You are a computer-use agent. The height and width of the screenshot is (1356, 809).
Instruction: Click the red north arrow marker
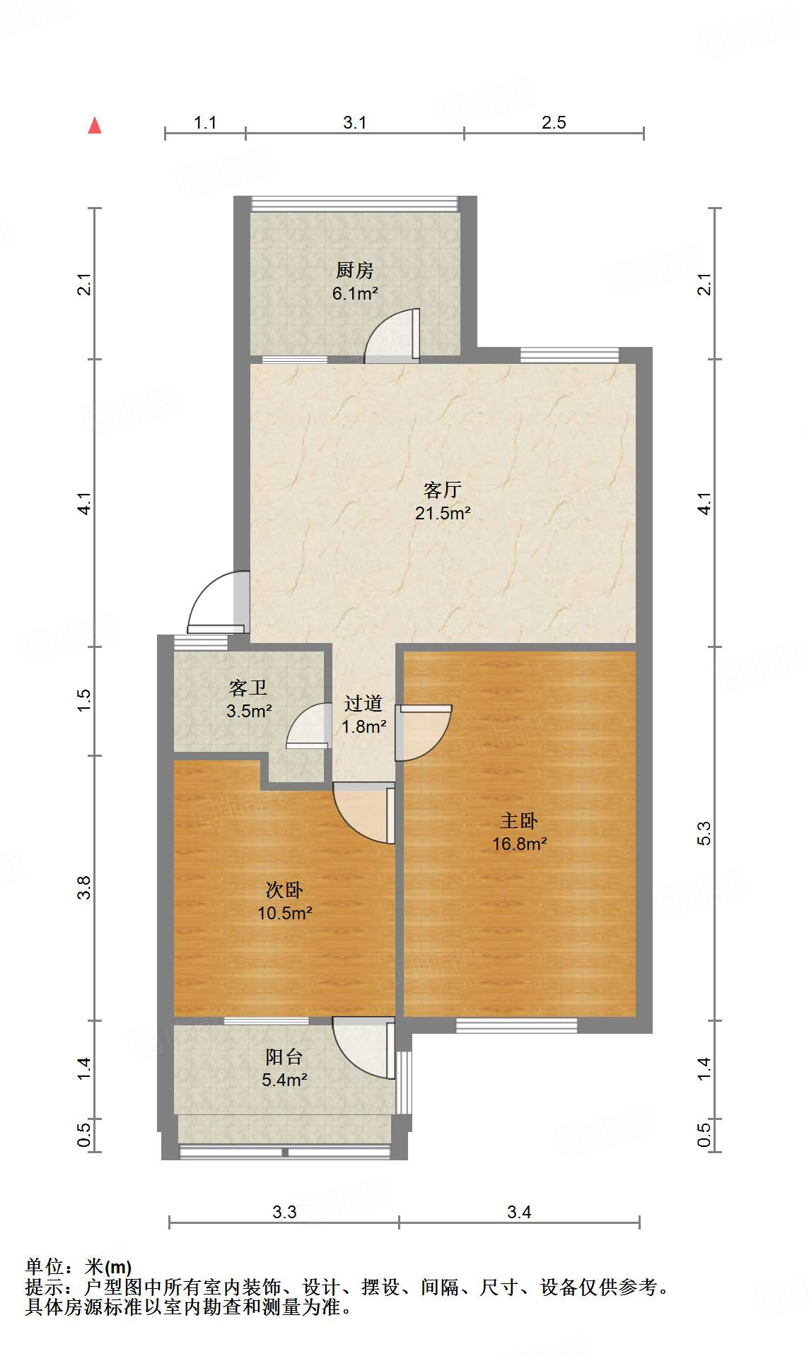[95, 126]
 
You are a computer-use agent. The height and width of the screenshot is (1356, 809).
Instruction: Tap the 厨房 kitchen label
[354, 270]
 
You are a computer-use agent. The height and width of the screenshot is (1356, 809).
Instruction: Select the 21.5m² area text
[443, 513]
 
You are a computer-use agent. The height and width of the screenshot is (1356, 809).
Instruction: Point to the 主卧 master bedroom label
[519, 820]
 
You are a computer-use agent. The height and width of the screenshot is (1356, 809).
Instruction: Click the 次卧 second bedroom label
[284, 890]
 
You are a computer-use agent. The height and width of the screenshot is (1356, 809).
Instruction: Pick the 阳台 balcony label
[284, 1056]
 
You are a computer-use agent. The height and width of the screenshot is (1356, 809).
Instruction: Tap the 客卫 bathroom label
[248, 688]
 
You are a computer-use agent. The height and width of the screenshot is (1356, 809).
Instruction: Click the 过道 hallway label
[363, 703]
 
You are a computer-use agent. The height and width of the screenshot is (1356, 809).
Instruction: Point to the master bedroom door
[424, 732]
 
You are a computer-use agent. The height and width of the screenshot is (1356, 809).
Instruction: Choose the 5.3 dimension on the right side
[704, 834]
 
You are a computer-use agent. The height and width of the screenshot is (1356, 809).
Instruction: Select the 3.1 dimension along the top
[355, 122]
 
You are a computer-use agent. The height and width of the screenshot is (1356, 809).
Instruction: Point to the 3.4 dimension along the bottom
[519, 1212]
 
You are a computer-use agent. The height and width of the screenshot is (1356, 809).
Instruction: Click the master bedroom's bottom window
[516, 1025]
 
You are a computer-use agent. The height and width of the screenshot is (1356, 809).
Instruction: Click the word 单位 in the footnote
[44, 1267]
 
